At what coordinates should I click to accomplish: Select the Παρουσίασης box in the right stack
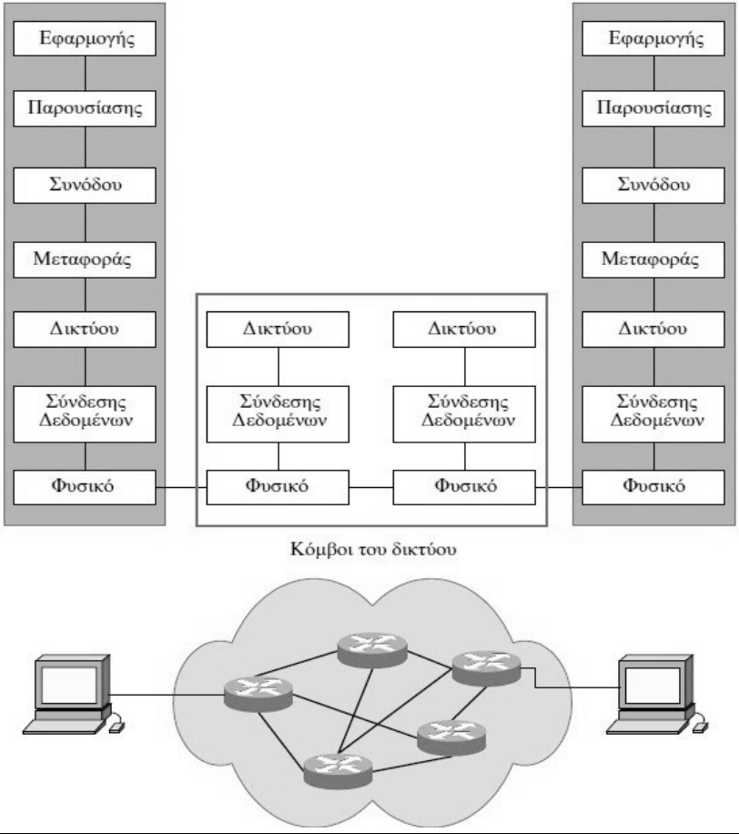(653, 109)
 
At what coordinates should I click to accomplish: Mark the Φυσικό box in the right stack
(653, 487)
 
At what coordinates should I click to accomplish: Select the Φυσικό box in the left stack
(85, 487)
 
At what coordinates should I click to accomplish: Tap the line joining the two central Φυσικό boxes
(370, 488)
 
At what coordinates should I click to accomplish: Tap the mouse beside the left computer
(115, 727)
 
